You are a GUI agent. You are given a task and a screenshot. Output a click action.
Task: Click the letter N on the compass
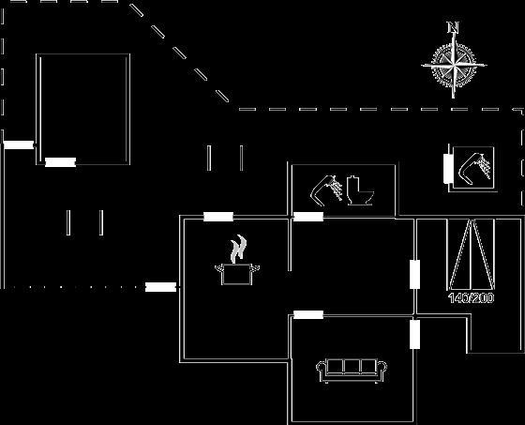tap(454, 27)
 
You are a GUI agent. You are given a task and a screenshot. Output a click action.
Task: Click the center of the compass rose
tap(454, 65)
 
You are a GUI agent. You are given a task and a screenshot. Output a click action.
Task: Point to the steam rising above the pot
tap(239, 248)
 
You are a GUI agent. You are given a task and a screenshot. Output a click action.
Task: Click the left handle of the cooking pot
tap(219, 267)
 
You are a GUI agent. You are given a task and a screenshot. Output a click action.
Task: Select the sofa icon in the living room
tap(352, 371)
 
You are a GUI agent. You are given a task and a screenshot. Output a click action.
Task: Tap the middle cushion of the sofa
tap(352, 366)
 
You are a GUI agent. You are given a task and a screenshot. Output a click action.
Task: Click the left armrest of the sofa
tap(321, 368)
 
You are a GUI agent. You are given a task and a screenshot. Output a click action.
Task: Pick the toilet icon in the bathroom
tap(360, 190)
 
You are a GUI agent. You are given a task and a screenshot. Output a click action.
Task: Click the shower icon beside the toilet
tap(326, 189)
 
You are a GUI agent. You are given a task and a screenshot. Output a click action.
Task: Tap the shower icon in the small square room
tap(474, 167)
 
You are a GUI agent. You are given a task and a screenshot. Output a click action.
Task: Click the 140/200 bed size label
tap(471, 297)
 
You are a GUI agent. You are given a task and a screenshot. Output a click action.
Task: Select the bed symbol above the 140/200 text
tap(472, 254)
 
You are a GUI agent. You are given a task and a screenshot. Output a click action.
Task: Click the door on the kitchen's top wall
tap(218, 217)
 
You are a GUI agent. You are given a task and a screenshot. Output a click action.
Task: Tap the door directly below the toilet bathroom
tap(308, 217)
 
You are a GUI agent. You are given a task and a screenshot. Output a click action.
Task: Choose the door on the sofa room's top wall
tap(308, 314)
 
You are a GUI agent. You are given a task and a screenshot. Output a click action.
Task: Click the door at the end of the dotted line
tap(160, 287)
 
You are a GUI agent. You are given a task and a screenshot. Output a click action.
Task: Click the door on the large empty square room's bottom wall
tap(60, 162)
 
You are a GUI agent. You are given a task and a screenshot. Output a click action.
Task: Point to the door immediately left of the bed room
tap(414, 274)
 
